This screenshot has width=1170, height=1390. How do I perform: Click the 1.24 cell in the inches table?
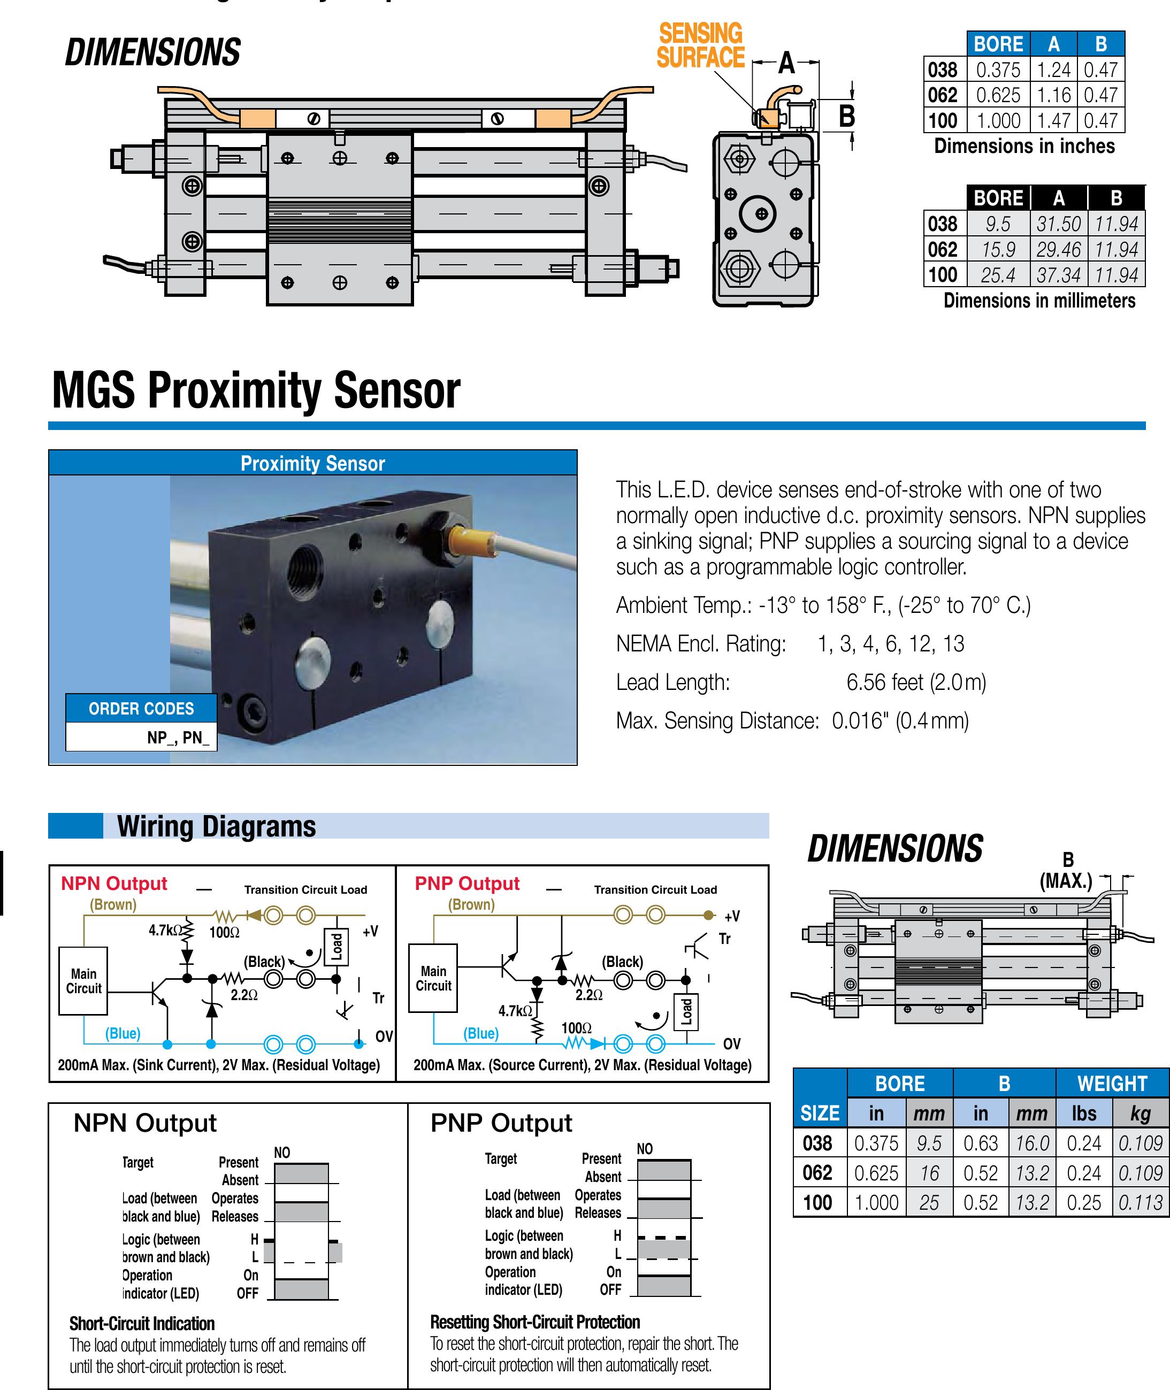(x=1053, y=70)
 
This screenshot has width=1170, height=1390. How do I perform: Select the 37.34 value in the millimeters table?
(x=1059, y=274)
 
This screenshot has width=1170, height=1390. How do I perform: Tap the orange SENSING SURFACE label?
(x=700, y=45)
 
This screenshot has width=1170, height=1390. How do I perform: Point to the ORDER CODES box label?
(x=141, y=708)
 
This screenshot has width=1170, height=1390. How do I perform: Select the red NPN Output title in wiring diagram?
(x=114, y=884)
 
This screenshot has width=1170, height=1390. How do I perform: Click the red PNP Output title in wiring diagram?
(x=467, y=884)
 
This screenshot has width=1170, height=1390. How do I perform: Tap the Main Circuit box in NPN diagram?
(x=83, y=981)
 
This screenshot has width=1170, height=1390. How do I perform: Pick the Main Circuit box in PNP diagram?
(x=433, y=978)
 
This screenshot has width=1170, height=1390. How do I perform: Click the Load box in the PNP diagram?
(x=686, y=1012)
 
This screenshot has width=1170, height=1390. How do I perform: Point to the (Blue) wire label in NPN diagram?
(x=123, y=1033)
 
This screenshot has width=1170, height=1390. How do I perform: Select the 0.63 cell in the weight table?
(x=980, y=1143)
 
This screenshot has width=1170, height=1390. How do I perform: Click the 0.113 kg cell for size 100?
(x=1140, y=1202)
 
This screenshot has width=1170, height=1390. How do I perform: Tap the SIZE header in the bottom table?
(x=820, y=1113)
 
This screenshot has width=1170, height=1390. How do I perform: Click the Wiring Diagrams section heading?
(x=216, y=826)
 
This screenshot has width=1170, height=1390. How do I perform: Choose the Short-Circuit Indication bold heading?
(x=142, y=1324)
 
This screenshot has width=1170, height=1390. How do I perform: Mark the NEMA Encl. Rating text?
(x=700, y=643)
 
